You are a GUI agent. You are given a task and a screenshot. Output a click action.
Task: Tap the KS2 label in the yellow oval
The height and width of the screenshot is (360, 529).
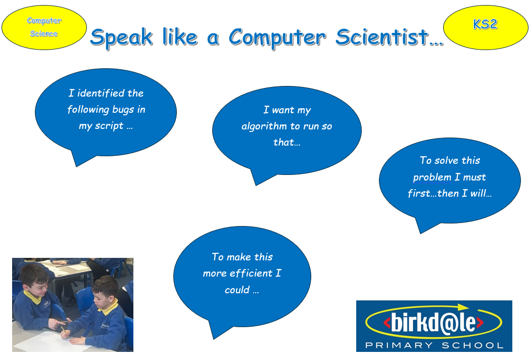click(x=485, y=24)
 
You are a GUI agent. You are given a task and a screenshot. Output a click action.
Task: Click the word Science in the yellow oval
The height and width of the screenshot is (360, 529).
click(x=44, y=33)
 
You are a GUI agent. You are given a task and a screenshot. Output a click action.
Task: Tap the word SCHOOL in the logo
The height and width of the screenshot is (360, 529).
click(x=472, y=345)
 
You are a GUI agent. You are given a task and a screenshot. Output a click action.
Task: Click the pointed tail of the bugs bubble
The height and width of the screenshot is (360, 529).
click(x=77, y=166)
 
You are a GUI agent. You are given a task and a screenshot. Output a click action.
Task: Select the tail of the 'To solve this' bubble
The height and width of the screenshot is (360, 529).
click(x=420, y=233)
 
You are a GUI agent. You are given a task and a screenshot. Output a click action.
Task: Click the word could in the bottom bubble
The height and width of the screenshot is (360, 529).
click(x=237, y=290)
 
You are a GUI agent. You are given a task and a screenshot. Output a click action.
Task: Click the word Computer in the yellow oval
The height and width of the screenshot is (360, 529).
click(x=44, y=21)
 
